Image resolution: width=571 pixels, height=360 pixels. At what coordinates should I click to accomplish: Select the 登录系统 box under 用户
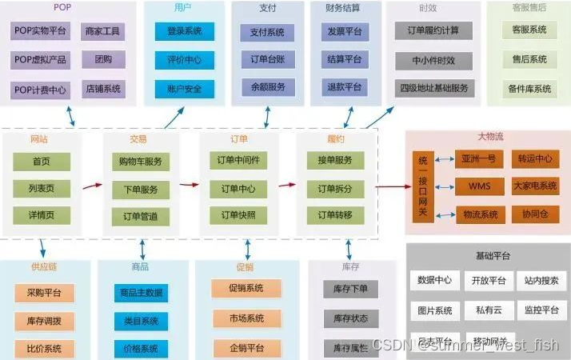pyautogui.click(x=185, y=32)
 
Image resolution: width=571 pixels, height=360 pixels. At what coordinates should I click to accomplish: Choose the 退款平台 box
pyautogui.click(x=345, y=86)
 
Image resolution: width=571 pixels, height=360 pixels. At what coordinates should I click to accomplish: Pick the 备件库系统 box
pyautogui.click(x=529, y=89)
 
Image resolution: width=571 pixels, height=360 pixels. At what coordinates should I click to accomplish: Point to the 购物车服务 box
pyautogui.click(x=141, y=161)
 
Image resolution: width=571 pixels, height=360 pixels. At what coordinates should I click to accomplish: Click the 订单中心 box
pyautogui.click(x=237, y=189)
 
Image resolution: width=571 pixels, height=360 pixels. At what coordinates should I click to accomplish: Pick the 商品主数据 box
pyautogui.click(x=141, y=293)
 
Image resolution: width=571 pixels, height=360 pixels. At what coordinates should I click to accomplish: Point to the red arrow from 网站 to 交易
pyautogui.click(x=92, y=186)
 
